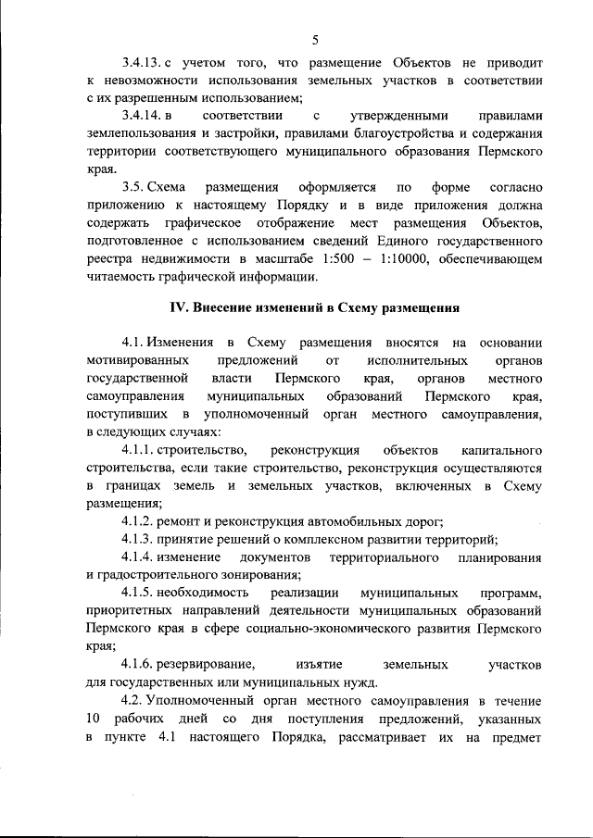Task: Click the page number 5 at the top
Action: (315, 39)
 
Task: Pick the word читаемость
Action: (122, 275)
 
